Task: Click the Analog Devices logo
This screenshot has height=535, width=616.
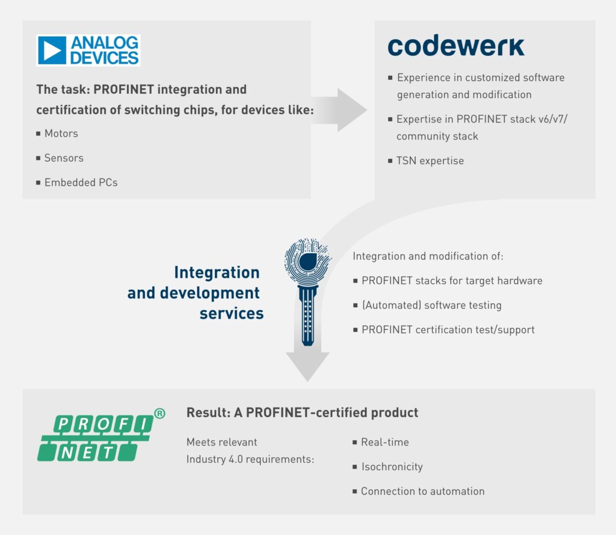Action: point(88,50)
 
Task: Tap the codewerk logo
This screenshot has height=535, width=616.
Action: point(456,46)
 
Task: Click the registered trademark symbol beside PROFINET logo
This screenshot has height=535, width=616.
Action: point(160,414)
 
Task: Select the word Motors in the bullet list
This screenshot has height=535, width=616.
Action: point(61,133)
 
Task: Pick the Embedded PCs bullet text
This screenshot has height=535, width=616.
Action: point(81,183)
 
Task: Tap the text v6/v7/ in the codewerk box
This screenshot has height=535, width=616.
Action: point(553,119)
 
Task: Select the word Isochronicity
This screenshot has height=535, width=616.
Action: point(392,466)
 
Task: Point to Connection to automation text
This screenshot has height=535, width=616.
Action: point(423,491)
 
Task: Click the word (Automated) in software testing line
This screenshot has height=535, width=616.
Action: point(391,305)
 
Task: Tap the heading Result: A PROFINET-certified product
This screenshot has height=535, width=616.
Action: point(302,412)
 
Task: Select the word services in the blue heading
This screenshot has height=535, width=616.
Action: point(232,313)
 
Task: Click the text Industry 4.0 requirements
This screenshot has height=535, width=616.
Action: point(250,459)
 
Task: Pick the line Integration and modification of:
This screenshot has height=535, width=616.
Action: point(428,256)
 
